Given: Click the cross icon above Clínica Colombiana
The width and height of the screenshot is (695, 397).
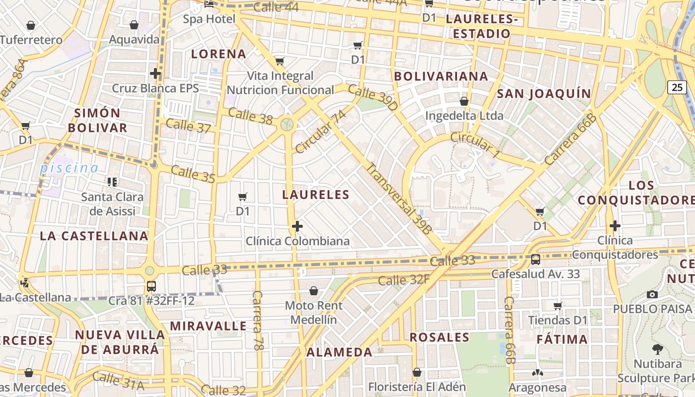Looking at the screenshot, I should click(x=297, y=227).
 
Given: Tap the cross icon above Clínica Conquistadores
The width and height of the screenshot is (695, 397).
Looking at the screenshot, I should click(x=615, y=226).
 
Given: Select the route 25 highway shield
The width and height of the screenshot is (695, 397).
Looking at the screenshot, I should click(x=677, y=87).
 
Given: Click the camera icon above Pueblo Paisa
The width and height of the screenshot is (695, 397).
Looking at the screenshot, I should click(x=652, y=294).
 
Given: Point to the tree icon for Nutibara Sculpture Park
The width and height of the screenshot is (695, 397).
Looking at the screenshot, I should click(x=658, y=349).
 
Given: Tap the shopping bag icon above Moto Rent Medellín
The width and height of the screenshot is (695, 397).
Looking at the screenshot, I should click(x=314, y=290).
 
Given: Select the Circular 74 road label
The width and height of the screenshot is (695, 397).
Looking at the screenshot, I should click(x=320, y=132).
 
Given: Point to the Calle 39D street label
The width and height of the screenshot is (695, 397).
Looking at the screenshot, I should click(x=373, y=97).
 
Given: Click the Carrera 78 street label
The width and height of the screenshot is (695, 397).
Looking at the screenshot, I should click(x=257, y=321).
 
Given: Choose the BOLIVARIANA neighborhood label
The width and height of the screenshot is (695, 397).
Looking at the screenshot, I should click(x=441, y=76).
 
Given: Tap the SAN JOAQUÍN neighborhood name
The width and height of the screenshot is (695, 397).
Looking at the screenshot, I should click(x=544, y=94).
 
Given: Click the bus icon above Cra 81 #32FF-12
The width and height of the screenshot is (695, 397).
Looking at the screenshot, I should click(x=151, y=286).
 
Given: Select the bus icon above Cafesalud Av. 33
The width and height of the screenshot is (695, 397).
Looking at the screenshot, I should click(x=536, y=259).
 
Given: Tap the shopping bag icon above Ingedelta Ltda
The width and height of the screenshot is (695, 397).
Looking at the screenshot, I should click(x=464, y=101).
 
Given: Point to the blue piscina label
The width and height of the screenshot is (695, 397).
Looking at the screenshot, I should click(x=69, y=168).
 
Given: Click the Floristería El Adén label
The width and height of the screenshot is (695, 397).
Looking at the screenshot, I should click(x=417, y=387).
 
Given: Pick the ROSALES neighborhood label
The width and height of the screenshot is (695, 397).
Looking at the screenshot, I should click(x=439, y=337).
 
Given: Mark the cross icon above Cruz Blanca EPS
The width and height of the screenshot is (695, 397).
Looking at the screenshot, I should click(x=155, y=74).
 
